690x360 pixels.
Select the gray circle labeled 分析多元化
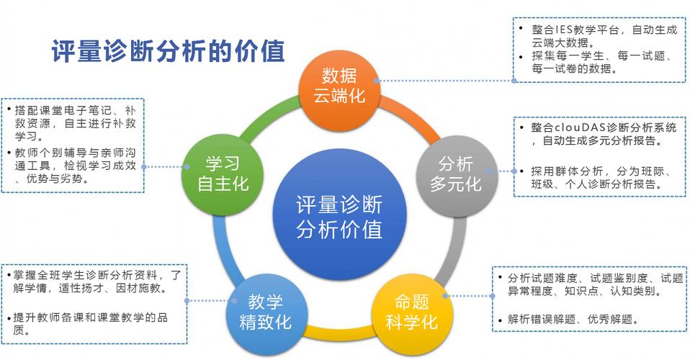pos(457,175)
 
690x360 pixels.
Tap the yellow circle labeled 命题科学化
pos(411,312)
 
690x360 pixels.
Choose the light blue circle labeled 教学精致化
pos(265,313)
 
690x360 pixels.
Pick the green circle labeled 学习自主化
pos(223,175)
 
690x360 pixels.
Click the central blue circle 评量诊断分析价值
pos(339,217)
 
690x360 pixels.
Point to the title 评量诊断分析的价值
pos(169,51)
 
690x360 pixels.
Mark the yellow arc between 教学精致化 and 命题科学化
pos(339,333)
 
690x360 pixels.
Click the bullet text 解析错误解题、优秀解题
pos(573,320)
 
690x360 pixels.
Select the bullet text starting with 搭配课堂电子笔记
pos(75,123)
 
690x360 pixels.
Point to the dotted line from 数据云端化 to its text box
pos(445,81)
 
